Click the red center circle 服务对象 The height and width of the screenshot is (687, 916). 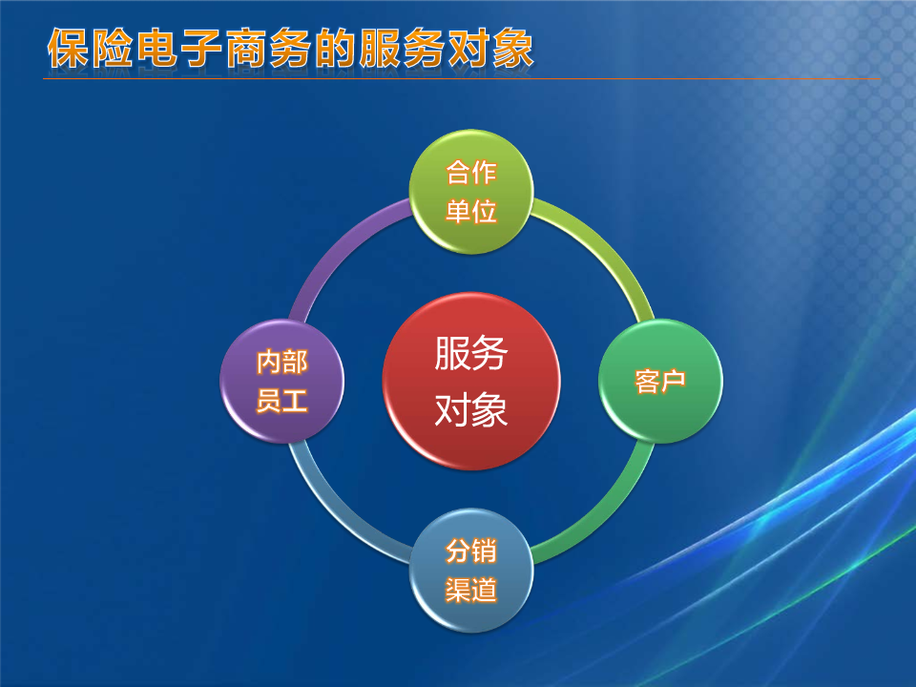click(x=471, y=381)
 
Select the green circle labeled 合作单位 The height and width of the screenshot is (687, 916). click(x=471, y=192)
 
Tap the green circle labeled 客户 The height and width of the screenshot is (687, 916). click(x=660, y=381)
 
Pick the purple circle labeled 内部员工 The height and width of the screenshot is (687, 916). click(x=282, y=381)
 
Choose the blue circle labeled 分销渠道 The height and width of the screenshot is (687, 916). click(x=471, y=571)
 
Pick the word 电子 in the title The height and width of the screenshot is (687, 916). click(x=179, y=48)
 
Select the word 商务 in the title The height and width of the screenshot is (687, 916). click(x=268, y=48)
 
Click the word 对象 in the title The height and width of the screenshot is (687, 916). click(x=490, y=48)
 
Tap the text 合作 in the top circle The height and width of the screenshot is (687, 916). click(x=471, y=173)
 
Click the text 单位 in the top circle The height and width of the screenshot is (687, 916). click(x=471, y=212)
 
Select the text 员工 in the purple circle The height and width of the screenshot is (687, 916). click(x=282, y=401)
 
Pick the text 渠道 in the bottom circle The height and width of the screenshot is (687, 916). click(x=471, y=590)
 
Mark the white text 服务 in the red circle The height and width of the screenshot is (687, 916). click(x=471, y=353)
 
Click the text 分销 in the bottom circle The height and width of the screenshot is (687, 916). click(x=471, y=551)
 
